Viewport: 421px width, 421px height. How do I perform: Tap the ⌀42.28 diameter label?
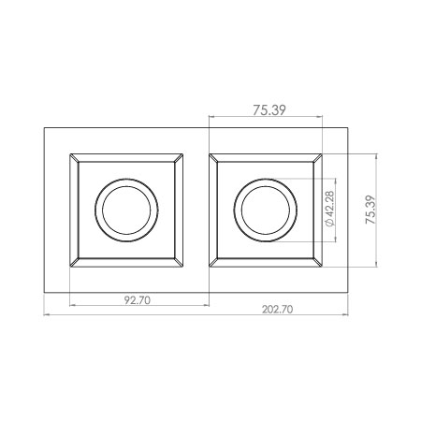coord(327,210)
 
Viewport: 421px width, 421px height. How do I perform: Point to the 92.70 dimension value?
coord(138,300)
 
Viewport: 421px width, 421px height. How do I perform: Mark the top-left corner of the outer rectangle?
coord(45,128)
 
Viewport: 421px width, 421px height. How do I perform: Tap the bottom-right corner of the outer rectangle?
coord(349,292)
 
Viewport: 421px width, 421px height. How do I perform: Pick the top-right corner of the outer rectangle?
coord(349,128)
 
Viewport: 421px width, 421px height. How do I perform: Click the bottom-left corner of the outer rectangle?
coord(45,292)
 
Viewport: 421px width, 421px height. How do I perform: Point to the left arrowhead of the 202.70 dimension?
coord(48,315)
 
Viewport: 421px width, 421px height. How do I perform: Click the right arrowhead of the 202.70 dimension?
coord(346,315)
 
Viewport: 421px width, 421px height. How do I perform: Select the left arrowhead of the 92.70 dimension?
coord(73,306)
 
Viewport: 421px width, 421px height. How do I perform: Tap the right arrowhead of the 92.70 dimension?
coord(206,306)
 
